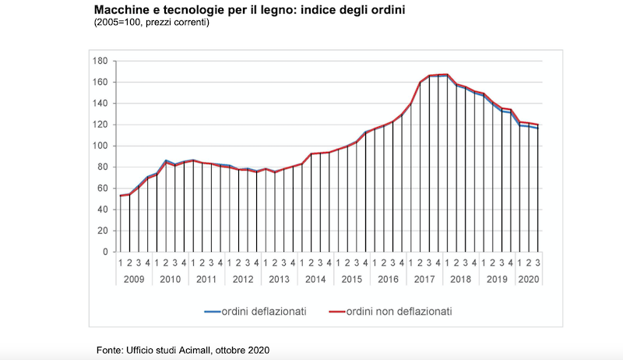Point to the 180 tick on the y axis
coord(100,61)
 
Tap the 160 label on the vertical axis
coord(100,82)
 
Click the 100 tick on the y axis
coord(100,146)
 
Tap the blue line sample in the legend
coord(215,312)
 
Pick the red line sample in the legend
coord(337,312)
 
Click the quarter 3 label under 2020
coord(538,263)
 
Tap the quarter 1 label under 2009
coord(120,263)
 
